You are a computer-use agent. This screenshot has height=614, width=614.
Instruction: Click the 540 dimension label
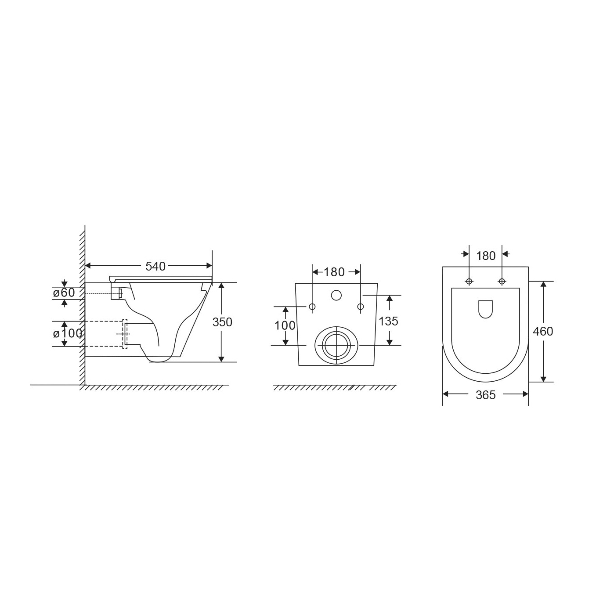[155, 267]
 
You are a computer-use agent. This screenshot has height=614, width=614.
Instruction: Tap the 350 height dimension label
[222, 322]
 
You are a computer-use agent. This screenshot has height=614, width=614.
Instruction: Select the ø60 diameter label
[64, 293]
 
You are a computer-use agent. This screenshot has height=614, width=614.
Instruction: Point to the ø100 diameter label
[68, 333]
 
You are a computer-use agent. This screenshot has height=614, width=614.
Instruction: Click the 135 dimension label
[388, 321]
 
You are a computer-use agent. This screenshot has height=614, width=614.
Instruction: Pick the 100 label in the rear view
[285, 325]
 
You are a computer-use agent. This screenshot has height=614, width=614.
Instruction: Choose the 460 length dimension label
[543, 331]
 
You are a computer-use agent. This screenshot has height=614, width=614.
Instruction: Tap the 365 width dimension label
[486, 395]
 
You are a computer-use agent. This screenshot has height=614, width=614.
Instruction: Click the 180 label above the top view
[486, 256]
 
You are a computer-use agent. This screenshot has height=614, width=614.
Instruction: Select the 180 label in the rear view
[334, 272]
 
